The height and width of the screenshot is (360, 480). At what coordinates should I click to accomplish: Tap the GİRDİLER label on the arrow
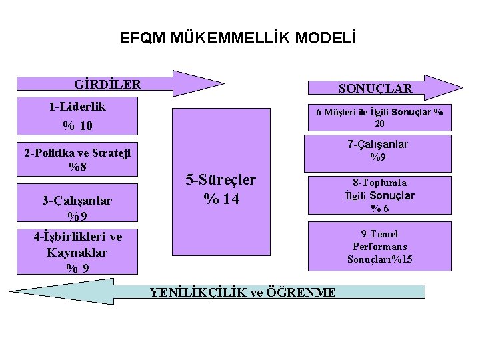(108, 85)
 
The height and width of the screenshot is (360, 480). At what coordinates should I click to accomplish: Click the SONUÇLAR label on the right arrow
(375, 88)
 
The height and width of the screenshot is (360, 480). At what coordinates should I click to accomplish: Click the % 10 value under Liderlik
(77, 125)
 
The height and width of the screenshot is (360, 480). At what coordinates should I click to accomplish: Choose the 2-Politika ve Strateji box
(77, 159)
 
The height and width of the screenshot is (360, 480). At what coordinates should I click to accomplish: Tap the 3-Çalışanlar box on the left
(77, 207)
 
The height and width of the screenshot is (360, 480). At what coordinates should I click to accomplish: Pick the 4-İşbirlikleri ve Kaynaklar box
(78, 253)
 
